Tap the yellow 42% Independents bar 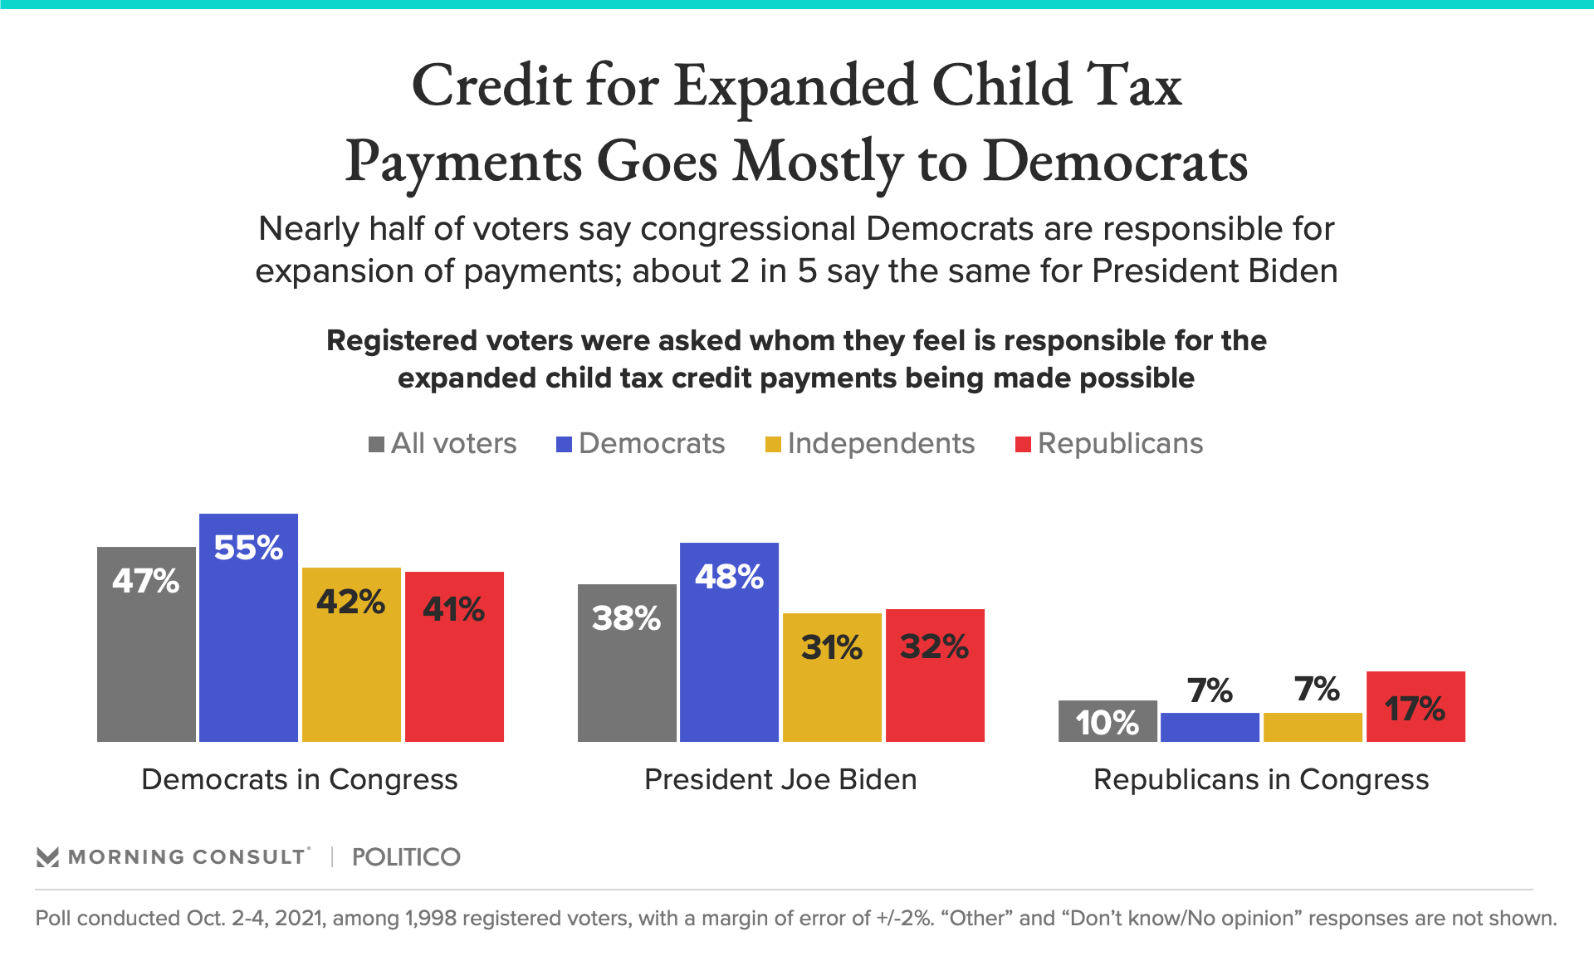point(351,655)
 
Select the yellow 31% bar point(832,677)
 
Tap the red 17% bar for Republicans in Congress point(1416,706)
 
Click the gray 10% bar point(1107,721)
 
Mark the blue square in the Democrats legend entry point(565,445)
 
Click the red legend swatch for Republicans point(1024,445)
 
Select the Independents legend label point(881,443)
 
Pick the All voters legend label point(453,443)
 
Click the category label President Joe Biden point(780,779)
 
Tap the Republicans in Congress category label point(1261,779)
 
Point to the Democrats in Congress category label point(300,779)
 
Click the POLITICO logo point(406,857)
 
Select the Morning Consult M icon point(48,857)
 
